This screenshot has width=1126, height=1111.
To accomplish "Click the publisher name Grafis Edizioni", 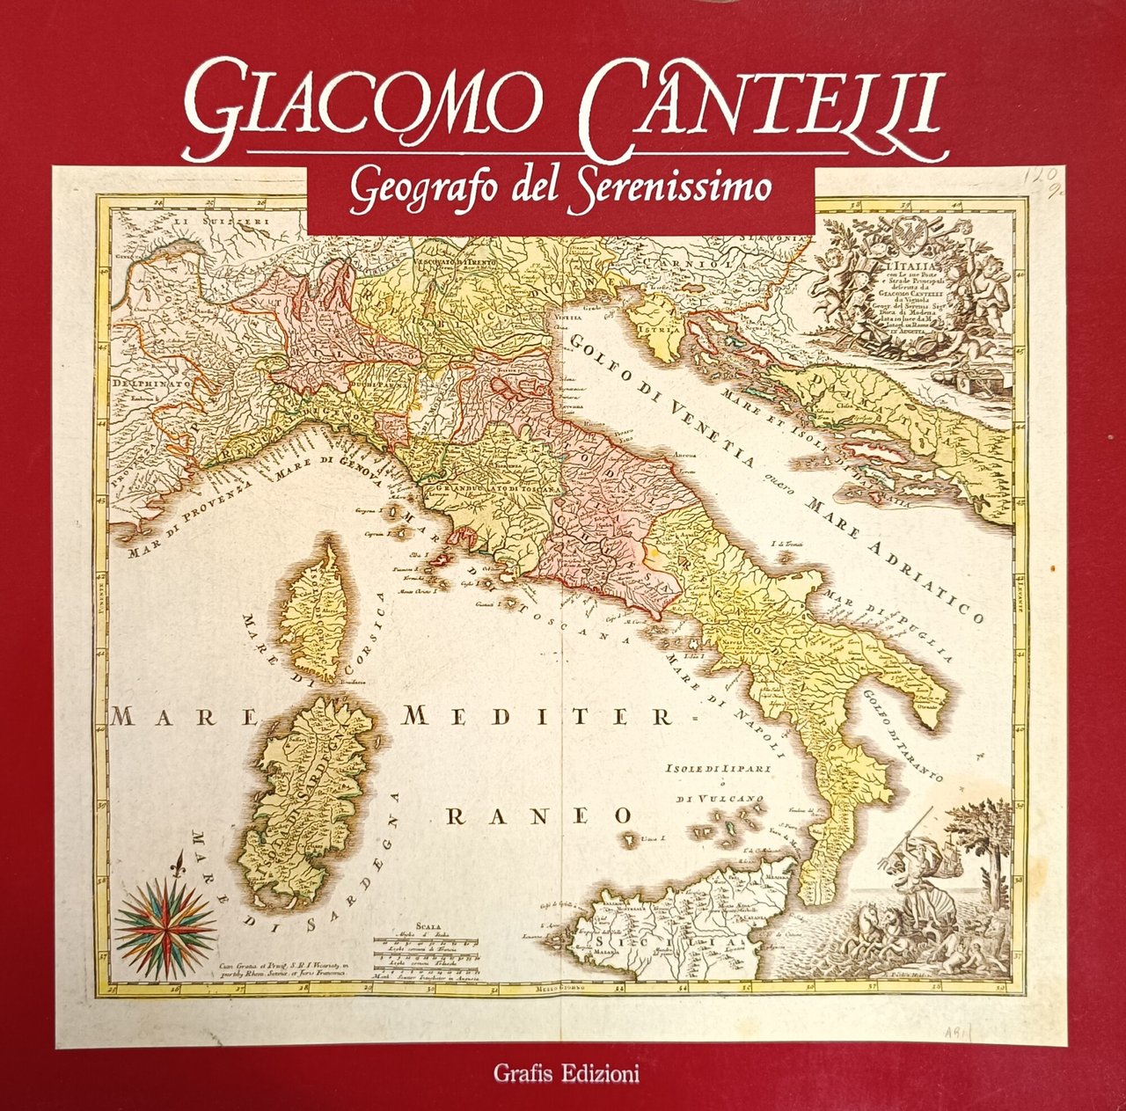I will coord(566,1073).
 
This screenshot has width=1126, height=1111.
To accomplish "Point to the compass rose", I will coord(166,915).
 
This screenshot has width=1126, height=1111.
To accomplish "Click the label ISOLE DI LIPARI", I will coord(719,769).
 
